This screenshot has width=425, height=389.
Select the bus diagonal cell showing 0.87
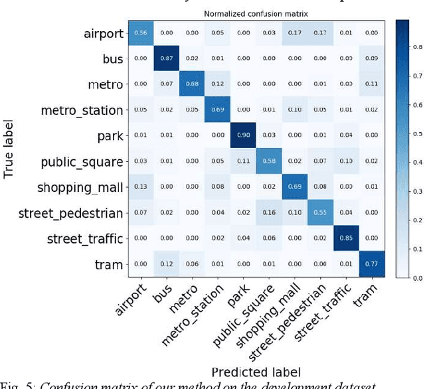pos(167,58)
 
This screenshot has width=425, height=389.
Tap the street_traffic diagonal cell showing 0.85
pos(346,239)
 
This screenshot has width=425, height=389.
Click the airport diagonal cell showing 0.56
pos(141,33)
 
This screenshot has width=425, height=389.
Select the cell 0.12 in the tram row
pos(167,265)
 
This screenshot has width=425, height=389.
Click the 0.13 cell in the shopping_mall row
pos(141,188)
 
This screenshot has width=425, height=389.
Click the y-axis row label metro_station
pos(82,110)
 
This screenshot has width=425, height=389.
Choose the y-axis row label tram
pos(109,265)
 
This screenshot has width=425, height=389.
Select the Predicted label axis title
pos(256,372)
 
